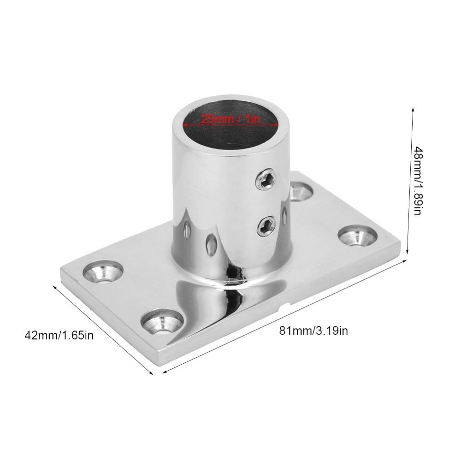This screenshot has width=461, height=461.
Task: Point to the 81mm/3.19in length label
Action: [313, 330]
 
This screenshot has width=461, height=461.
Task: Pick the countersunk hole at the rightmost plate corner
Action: [358, 235]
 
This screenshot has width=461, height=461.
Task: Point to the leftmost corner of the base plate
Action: [61, 272]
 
